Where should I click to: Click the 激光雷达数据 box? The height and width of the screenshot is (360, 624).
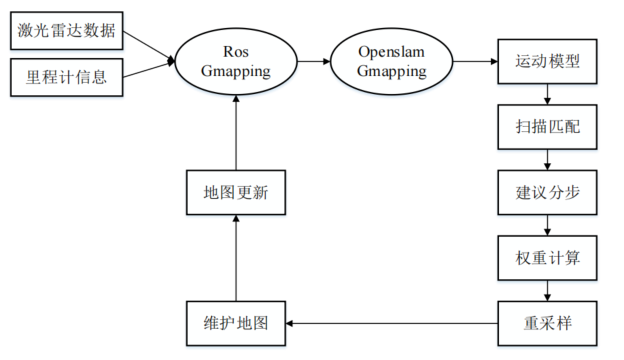(66, 30)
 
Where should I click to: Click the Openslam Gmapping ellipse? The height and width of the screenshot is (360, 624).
(392, 61)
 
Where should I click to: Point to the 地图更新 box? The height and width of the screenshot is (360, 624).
(236, 192)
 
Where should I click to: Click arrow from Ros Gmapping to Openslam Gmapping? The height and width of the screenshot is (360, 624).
(315, 61)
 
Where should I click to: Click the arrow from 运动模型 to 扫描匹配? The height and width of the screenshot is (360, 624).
(548, 94)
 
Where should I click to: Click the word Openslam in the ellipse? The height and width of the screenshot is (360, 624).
(391, 50)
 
